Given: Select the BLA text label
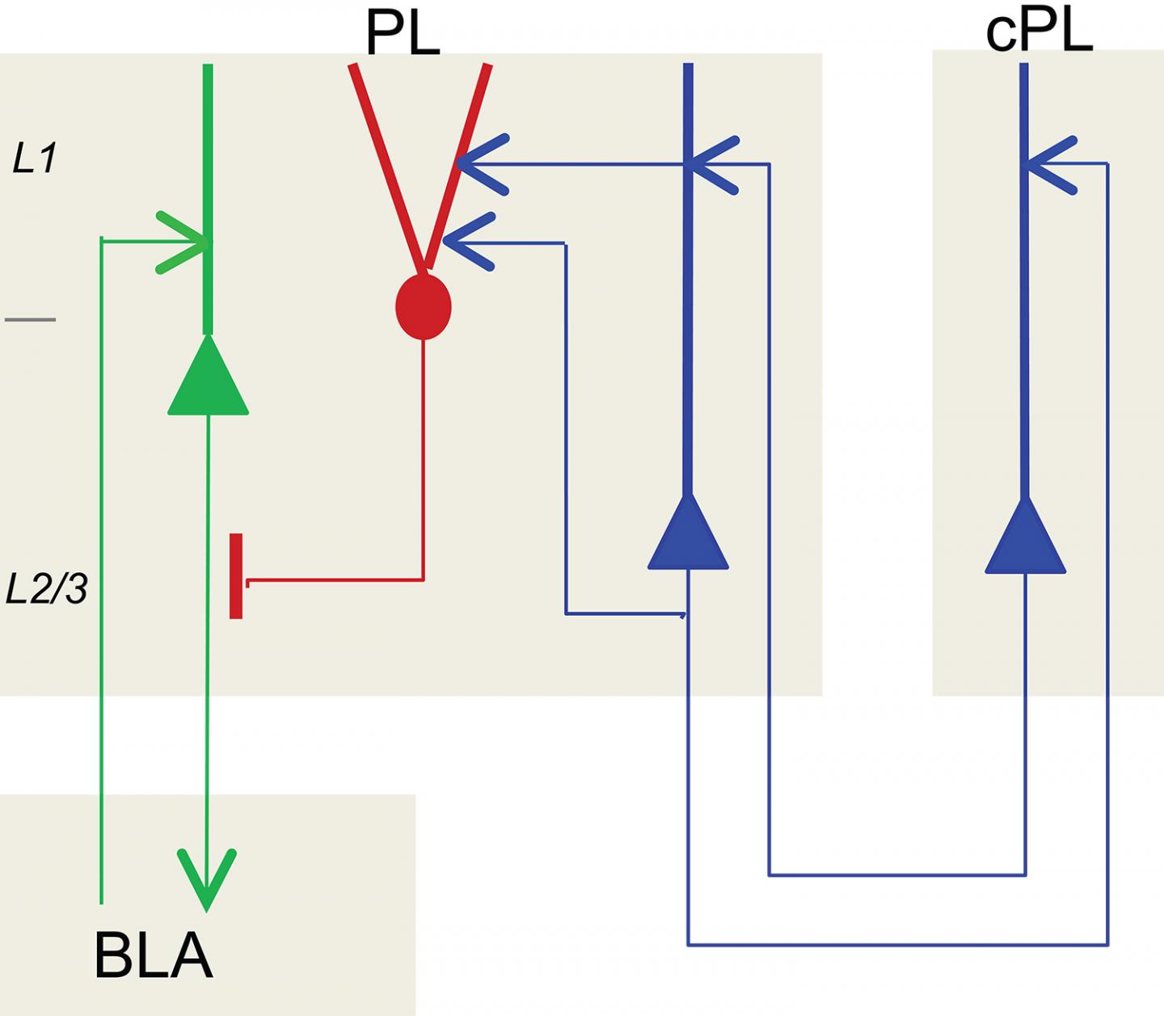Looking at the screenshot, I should pyautogui.click(x=153, y=956).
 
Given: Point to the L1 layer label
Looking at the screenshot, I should pyautogui.click(x=35, y=159).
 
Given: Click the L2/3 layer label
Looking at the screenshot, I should pyautogui.click(x=46, y=590).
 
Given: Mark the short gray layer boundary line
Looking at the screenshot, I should pyautogui.click(x=30, y=320).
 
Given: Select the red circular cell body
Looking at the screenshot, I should pyautogui.click(x=423, y=307).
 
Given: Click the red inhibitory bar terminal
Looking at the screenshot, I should pyautogui.click(x=236, y=575).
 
